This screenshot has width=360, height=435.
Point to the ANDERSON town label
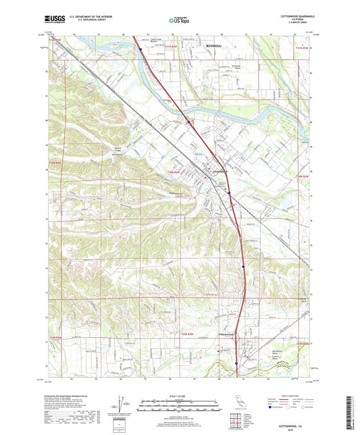(222, 171)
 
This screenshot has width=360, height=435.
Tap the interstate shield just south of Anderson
(230, 192)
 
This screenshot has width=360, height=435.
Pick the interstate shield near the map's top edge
(140, 48)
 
